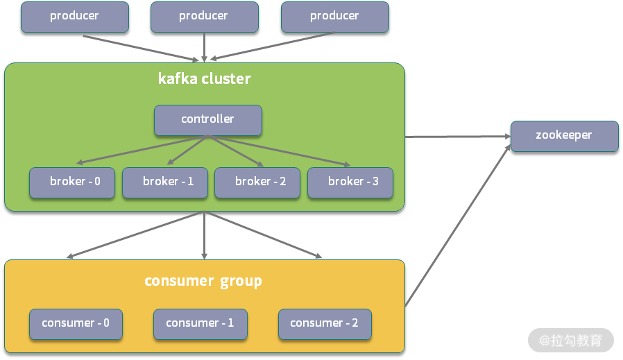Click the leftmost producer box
74,17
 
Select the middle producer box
204,17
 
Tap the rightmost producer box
334,17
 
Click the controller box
207,120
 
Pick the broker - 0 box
72,182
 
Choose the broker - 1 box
166,182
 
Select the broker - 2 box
257,182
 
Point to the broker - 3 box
350,182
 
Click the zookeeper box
564,136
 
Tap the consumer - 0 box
76,324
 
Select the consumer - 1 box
200,324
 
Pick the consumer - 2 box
324,324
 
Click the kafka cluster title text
204,78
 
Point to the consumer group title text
203,281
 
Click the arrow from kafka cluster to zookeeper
458,137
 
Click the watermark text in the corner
571,341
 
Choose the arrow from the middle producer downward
204,47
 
